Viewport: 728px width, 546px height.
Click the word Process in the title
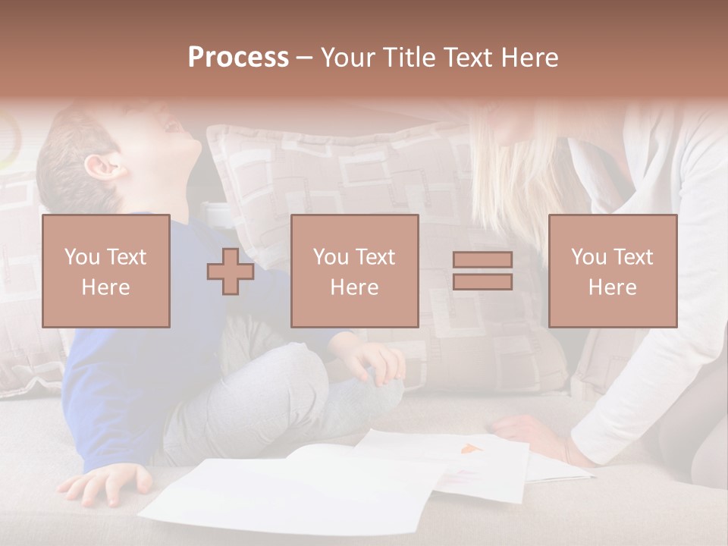(238, 58)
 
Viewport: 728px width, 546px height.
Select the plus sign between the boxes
(231, 271)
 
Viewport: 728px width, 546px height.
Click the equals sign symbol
(482, 271)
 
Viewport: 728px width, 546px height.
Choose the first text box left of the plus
(106, 271)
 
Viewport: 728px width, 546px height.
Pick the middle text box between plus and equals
(354, 271)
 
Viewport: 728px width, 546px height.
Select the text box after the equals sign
(612, 271)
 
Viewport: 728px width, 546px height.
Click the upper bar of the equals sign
(482, 260)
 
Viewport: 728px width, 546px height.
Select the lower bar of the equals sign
(482, 282)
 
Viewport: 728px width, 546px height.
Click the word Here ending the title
(529, 58)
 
